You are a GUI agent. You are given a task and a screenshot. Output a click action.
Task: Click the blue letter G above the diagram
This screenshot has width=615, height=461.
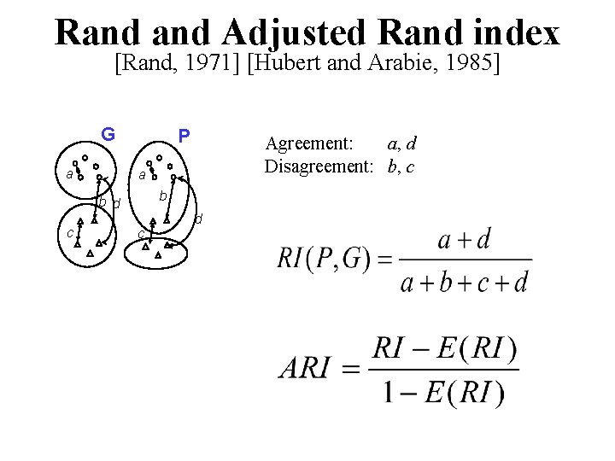[108, 134]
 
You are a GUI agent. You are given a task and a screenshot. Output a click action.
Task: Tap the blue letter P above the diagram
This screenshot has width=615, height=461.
[184, 136]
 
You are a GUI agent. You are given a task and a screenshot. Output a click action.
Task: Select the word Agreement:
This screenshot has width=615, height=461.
[303, 144]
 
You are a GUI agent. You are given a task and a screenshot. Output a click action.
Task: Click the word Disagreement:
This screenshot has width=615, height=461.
[319, 166]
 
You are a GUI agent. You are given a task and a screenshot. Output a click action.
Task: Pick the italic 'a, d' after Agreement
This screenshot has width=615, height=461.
[401, 144]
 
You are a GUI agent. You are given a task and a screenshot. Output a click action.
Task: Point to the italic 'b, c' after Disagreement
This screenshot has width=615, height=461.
[401, 166]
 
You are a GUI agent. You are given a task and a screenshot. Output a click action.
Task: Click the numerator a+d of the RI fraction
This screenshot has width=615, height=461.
[464, 239]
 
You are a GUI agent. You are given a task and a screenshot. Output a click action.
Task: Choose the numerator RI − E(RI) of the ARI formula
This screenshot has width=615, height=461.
[444, 347]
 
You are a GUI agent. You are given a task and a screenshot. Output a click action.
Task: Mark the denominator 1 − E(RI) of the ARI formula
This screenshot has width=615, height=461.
[444, 391]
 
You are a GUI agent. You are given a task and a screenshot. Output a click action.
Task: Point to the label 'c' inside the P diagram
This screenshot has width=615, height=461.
[141, 234]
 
